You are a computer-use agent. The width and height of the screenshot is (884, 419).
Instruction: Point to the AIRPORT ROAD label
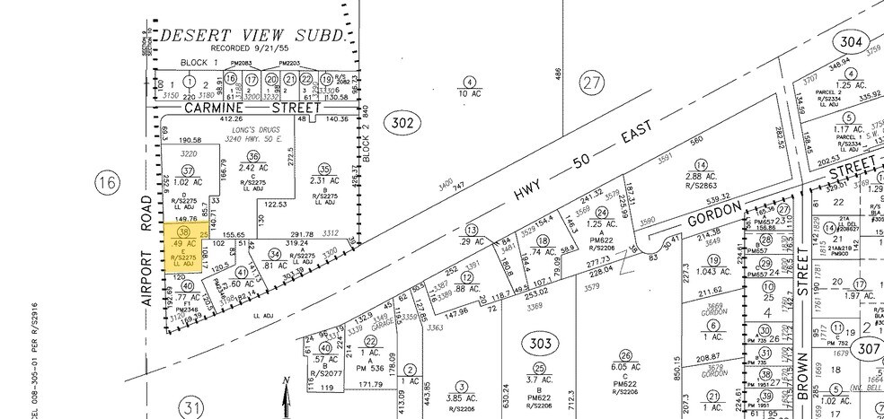(149, 264)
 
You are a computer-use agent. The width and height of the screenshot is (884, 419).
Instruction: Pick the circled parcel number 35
(325, 169)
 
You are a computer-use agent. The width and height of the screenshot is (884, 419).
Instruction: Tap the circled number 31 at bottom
(194, 409)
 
